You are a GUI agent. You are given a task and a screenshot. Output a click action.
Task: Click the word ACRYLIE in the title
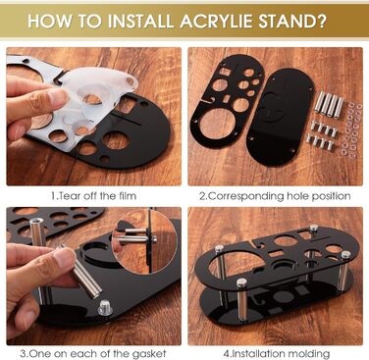pos(216,22)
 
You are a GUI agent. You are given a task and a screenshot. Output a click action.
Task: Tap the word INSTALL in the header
pos(140,22)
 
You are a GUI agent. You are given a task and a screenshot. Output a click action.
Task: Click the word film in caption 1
pos(126,196)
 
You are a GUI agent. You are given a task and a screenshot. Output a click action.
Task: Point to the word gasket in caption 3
pos(149,353)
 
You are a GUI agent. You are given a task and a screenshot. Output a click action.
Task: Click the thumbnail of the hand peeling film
pos(94,117)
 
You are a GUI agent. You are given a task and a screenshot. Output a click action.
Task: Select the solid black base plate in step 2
pos(281,116)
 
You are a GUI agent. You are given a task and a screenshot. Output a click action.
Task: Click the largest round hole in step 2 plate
pos(215,125)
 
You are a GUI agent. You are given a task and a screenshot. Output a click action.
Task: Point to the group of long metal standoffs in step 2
pos(329,103)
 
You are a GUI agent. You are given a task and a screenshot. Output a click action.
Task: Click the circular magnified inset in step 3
pos(144,241)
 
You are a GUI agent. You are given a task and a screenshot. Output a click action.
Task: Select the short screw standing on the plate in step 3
pos(105,308)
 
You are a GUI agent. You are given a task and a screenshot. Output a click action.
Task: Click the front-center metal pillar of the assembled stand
pos(241,299)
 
